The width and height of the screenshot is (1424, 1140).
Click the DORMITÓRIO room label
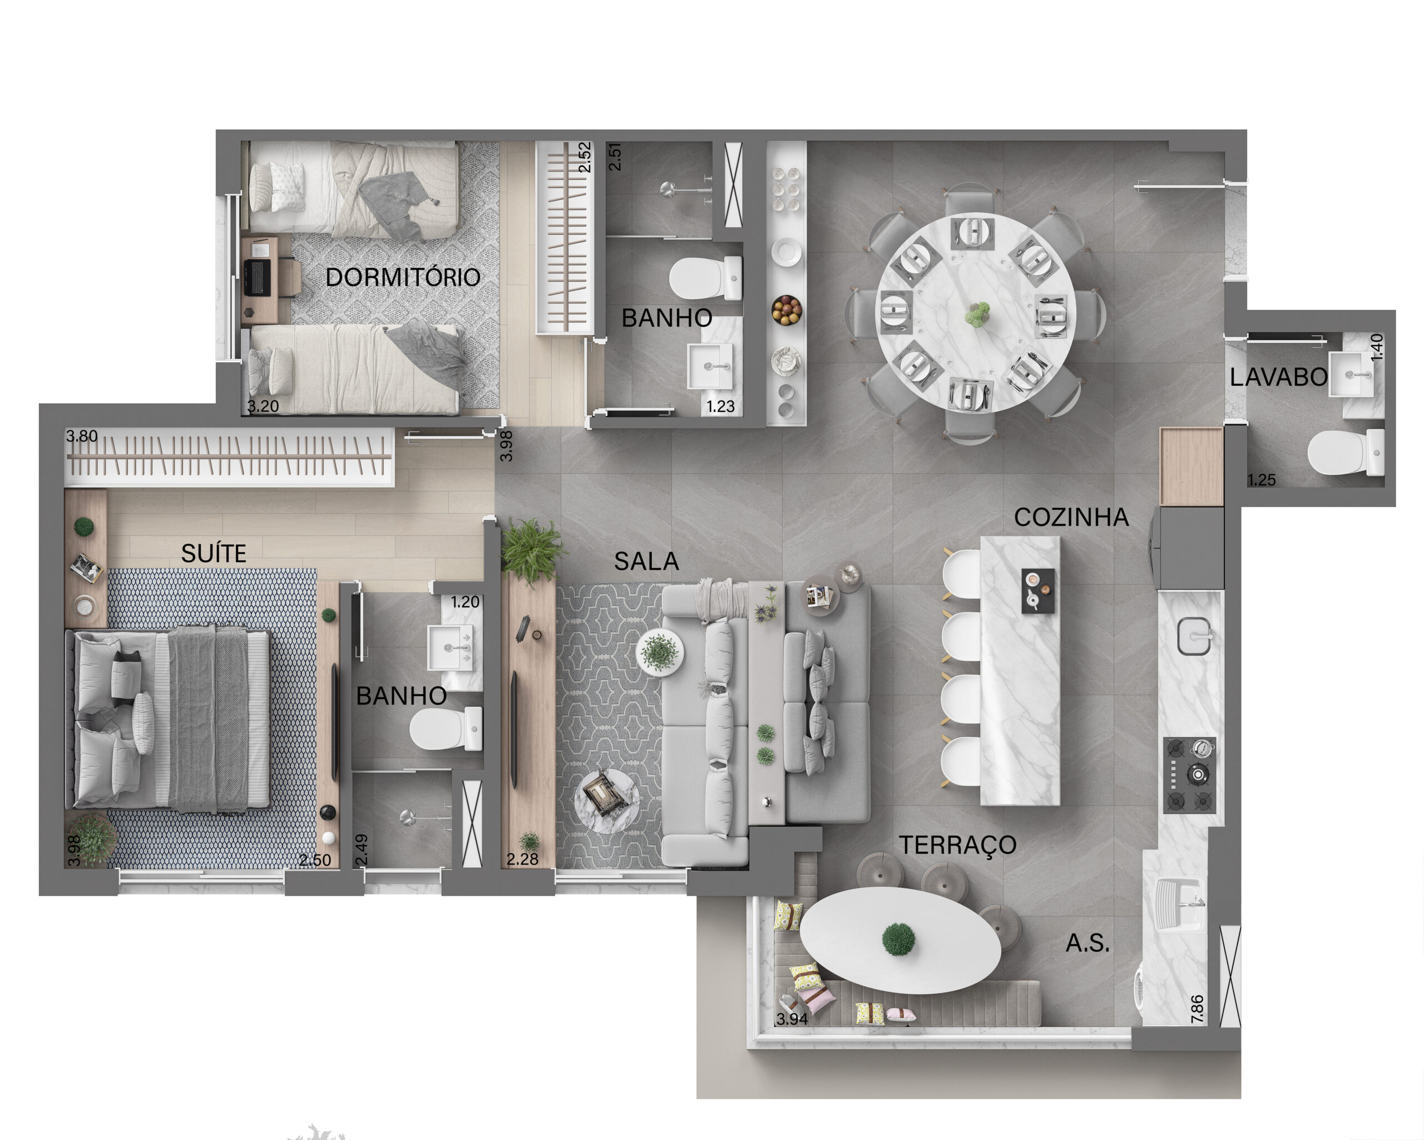pos(402,277)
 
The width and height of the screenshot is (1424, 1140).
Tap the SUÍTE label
pos(214,553)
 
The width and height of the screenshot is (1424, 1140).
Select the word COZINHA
pos(1071,517)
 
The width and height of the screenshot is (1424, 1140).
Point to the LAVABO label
pos(1278,377)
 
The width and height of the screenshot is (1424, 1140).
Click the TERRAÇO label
pos(957,844)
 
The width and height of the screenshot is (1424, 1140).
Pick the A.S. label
pos(1087,943)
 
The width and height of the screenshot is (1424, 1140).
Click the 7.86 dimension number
pos(1196,1009)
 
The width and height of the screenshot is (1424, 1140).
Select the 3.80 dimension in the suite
pos(81,436)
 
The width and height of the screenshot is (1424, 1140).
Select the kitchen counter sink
pos(1194,636)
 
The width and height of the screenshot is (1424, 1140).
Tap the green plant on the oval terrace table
pos(898,939)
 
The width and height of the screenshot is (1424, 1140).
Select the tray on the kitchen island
pos(1037,590)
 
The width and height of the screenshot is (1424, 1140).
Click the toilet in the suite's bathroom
pos(446,729)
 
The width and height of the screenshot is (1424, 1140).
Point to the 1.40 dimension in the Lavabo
pos(1377,347)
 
